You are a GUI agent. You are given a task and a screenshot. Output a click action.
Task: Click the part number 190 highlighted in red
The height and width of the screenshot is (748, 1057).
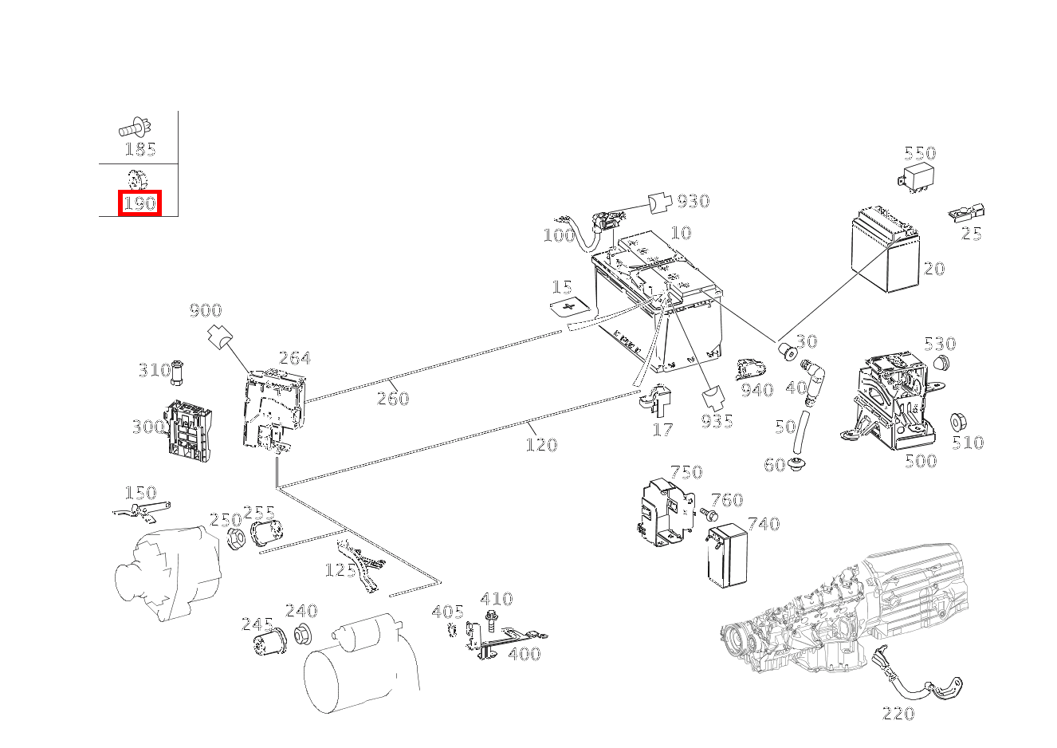tap(139, 203)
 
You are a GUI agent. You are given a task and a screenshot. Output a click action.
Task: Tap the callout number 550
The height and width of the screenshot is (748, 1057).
tap(919, 153)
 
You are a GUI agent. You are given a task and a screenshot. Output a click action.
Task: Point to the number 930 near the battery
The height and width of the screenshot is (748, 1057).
tap(693, 201)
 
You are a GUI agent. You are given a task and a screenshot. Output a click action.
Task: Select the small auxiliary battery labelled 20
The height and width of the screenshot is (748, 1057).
tap(885, 249)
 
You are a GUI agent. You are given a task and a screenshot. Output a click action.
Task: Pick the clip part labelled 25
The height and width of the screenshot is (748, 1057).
tap(967, 214)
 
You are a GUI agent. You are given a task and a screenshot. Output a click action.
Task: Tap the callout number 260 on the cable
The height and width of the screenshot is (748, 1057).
tap(393, 398)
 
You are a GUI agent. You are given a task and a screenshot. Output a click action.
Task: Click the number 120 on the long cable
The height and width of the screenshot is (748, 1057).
tap(541, 444)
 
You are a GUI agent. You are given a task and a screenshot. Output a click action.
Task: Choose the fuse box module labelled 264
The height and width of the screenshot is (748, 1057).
tap(273, 408)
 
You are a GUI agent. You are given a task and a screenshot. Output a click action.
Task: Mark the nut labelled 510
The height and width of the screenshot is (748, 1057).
tap(959, 421)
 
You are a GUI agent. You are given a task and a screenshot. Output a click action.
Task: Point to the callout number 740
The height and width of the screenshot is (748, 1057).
tap(763, 524)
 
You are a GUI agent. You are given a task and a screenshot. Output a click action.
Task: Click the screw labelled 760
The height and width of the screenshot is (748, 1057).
tap(706, 514)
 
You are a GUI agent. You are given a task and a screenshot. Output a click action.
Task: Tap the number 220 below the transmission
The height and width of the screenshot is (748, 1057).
tap(898, 714)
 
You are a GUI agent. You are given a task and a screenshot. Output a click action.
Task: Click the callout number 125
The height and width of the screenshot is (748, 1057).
tap(340, 570)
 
